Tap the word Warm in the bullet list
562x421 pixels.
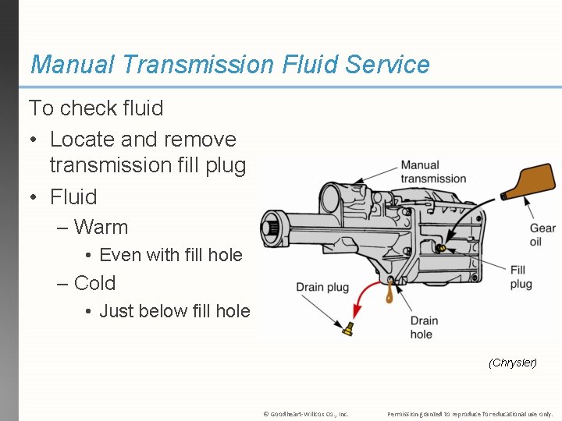click(101, 227)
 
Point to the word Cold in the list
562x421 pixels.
click(94, 283)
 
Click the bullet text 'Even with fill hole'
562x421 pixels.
click(171, 255)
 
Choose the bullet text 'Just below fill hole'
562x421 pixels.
click(175, 311)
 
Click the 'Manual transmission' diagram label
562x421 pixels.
click(433, 172)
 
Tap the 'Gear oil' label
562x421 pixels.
click(542, 235)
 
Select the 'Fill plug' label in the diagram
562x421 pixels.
click(521, 277)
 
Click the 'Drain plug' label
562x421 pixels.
click(322, 287)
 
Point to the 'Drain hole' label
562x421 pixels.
click(424, 327)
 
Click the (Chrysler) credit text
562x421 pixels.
click(512, 363)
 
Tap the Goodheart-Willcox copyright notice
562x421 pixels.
click(305, 413)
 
